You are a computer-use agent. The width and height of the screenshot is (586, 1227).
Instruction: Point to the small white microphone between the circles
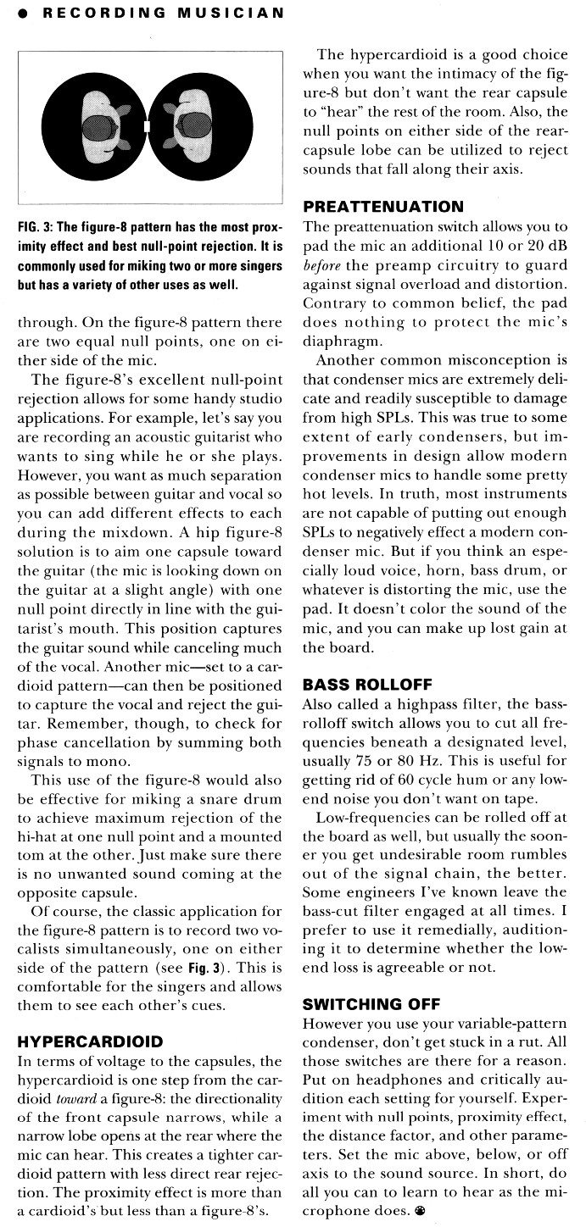point(148,127)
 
